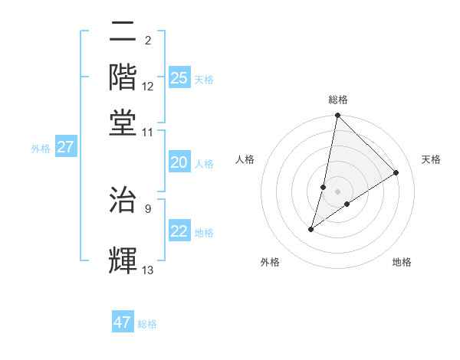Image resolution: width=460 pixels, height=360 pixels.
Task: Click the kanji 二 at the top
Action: [123, 32]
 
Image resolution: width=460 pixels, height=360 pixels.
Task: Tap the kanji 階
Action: [123, 76]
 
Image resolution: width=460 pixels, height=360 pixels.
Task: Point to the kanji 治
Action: [123, 197]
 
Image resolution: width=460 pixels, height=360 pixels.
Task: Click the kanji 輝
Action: [123, 260]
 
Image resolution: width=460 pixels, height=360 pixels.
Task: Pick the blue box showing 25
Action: [179, 77]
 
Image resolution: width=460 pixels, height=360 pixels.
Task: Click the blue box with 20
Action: [179, 163]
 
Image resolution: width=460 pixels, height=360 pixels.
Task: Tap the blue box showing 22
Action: [179, 232]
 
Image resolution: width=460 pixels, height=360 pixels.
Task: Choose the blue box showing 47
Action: [123, 322]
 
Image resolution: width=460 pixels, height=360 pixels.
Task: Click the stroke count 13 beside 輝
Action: [148, 270]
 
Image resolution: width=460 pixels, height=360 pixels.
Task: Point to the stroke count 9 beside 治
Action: [148, 207]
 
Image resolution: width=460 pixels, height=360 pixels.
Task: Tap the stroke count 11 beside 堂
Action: [148, 132]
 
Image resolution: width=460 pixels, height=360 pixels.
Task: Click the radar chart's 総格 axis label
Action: [338, 100]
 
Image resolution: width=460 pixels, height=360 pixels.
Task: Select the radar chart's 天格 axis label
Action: [431, 159]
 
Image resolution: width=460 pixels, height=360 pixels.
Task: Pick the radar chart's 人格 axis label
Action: [245, 159]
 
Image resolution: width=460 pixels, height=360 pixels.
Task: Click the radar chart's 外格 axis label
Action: [269, 262]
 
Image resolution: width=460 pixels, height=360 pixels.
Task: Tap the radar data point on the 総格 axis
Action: [337, 116]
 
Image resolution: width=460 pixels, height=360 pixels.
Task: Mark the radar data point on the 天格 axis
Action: [396, 173]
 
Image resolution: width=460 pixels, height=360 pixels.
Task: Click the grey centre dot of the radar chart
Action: [338, 191]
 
